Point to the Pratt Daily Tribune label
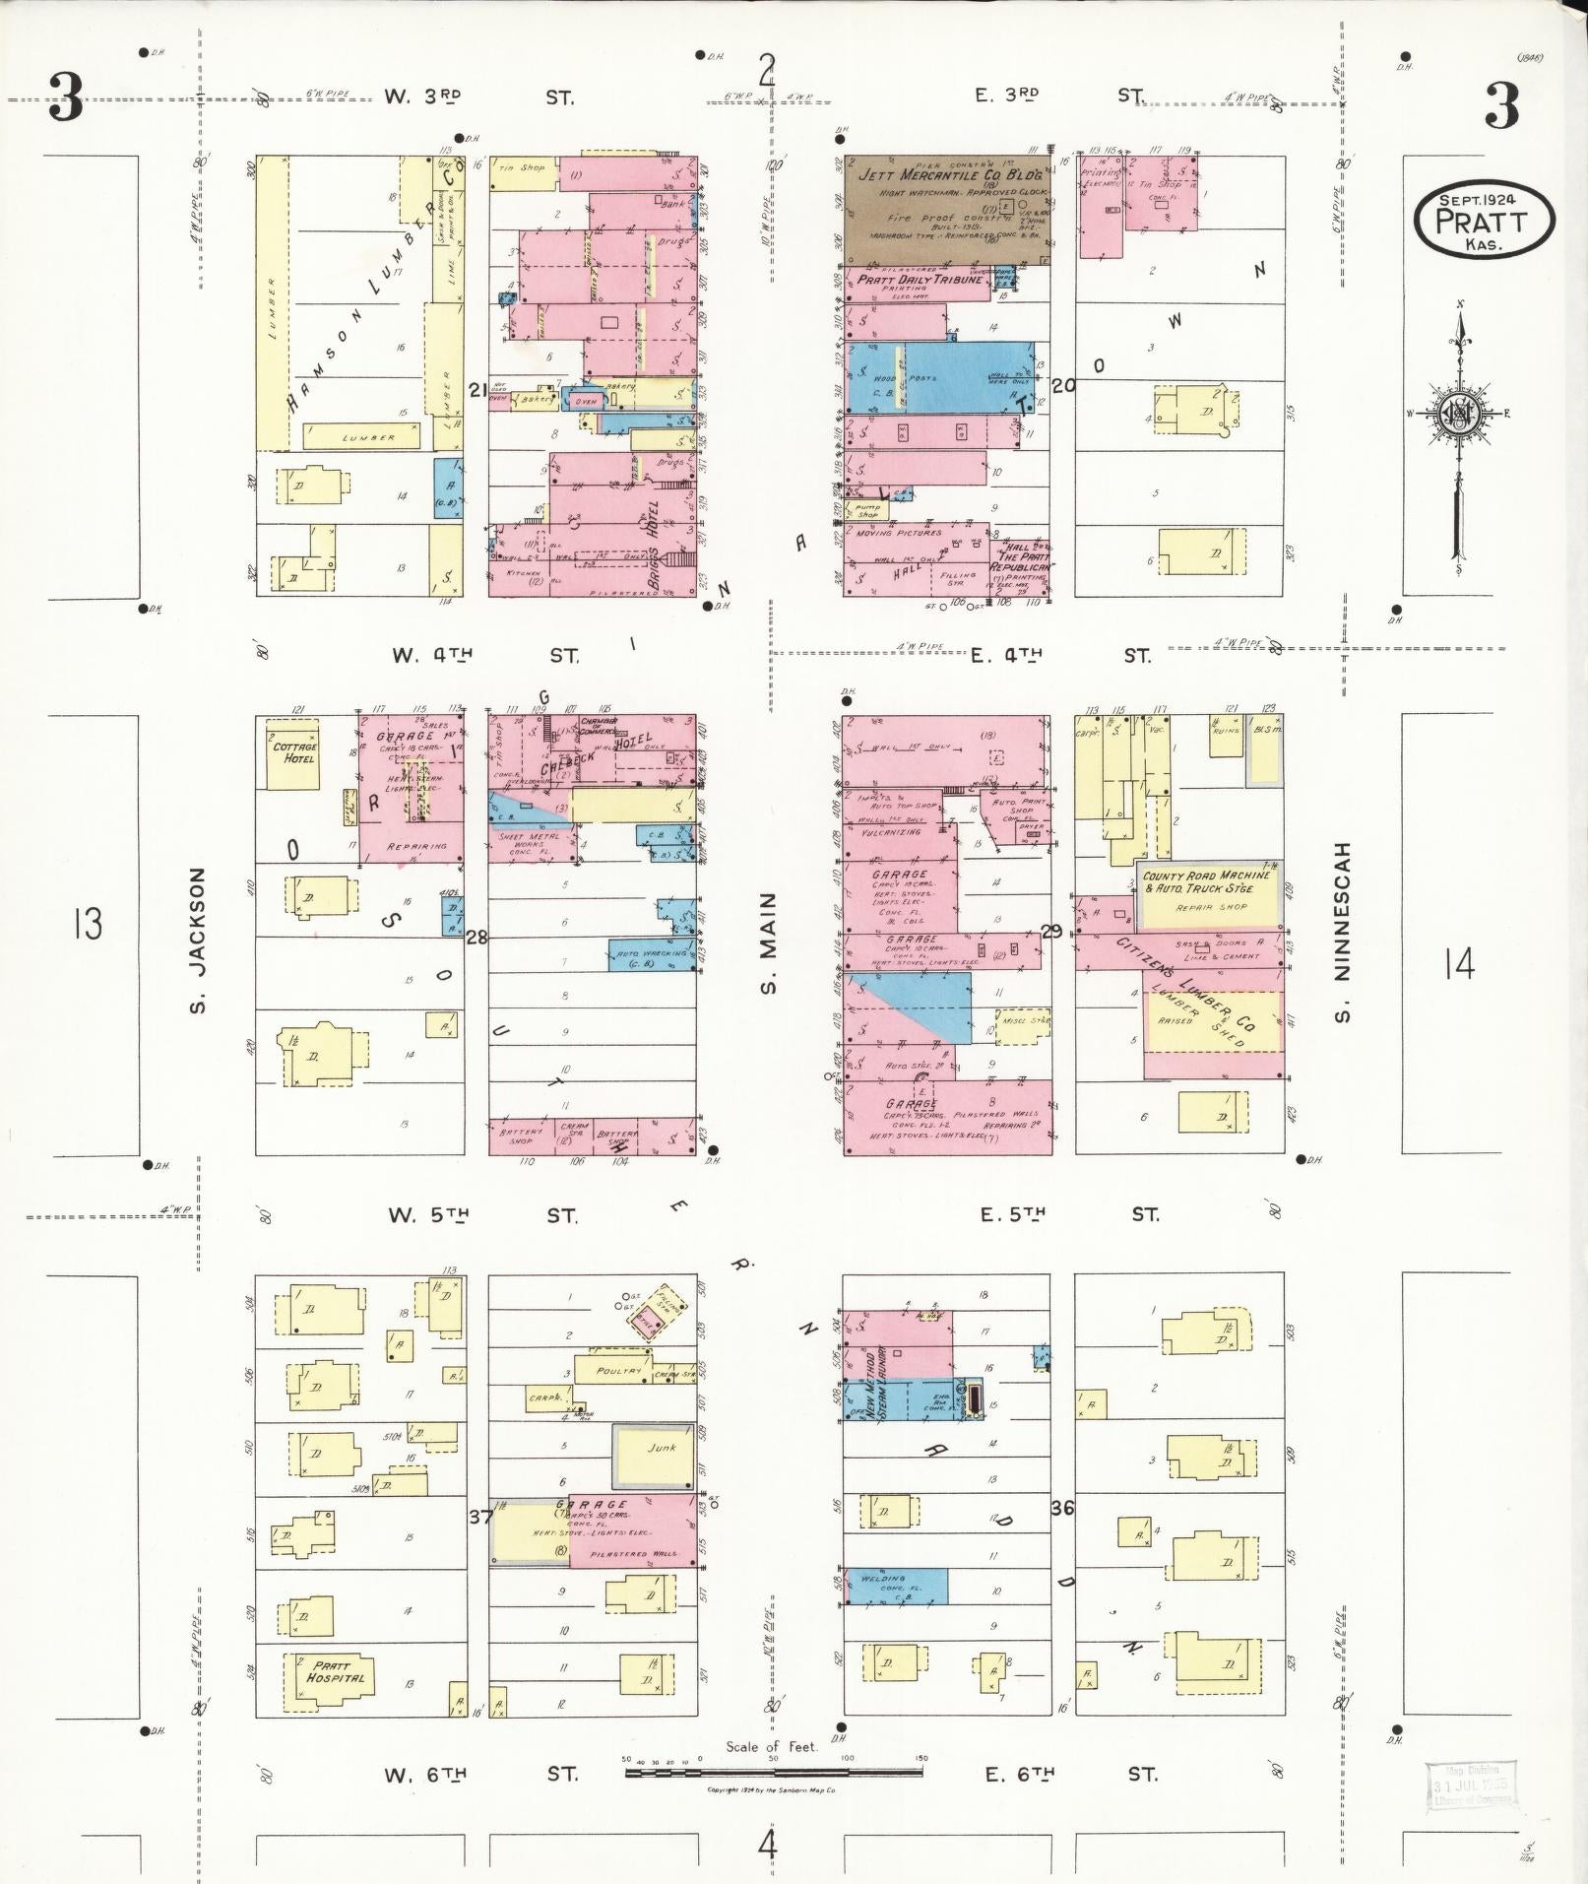[921, 280]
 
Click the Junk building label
[662, 1449]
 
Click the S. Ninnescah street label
[1344, 933]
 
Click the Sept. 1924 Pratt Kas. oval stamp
[1484, 220]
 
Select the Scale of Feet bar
[775, 1772]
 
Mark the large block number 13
[88, 925]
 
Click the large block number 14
[1459, 964]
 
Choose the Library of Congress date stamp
[1469, 1786]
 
